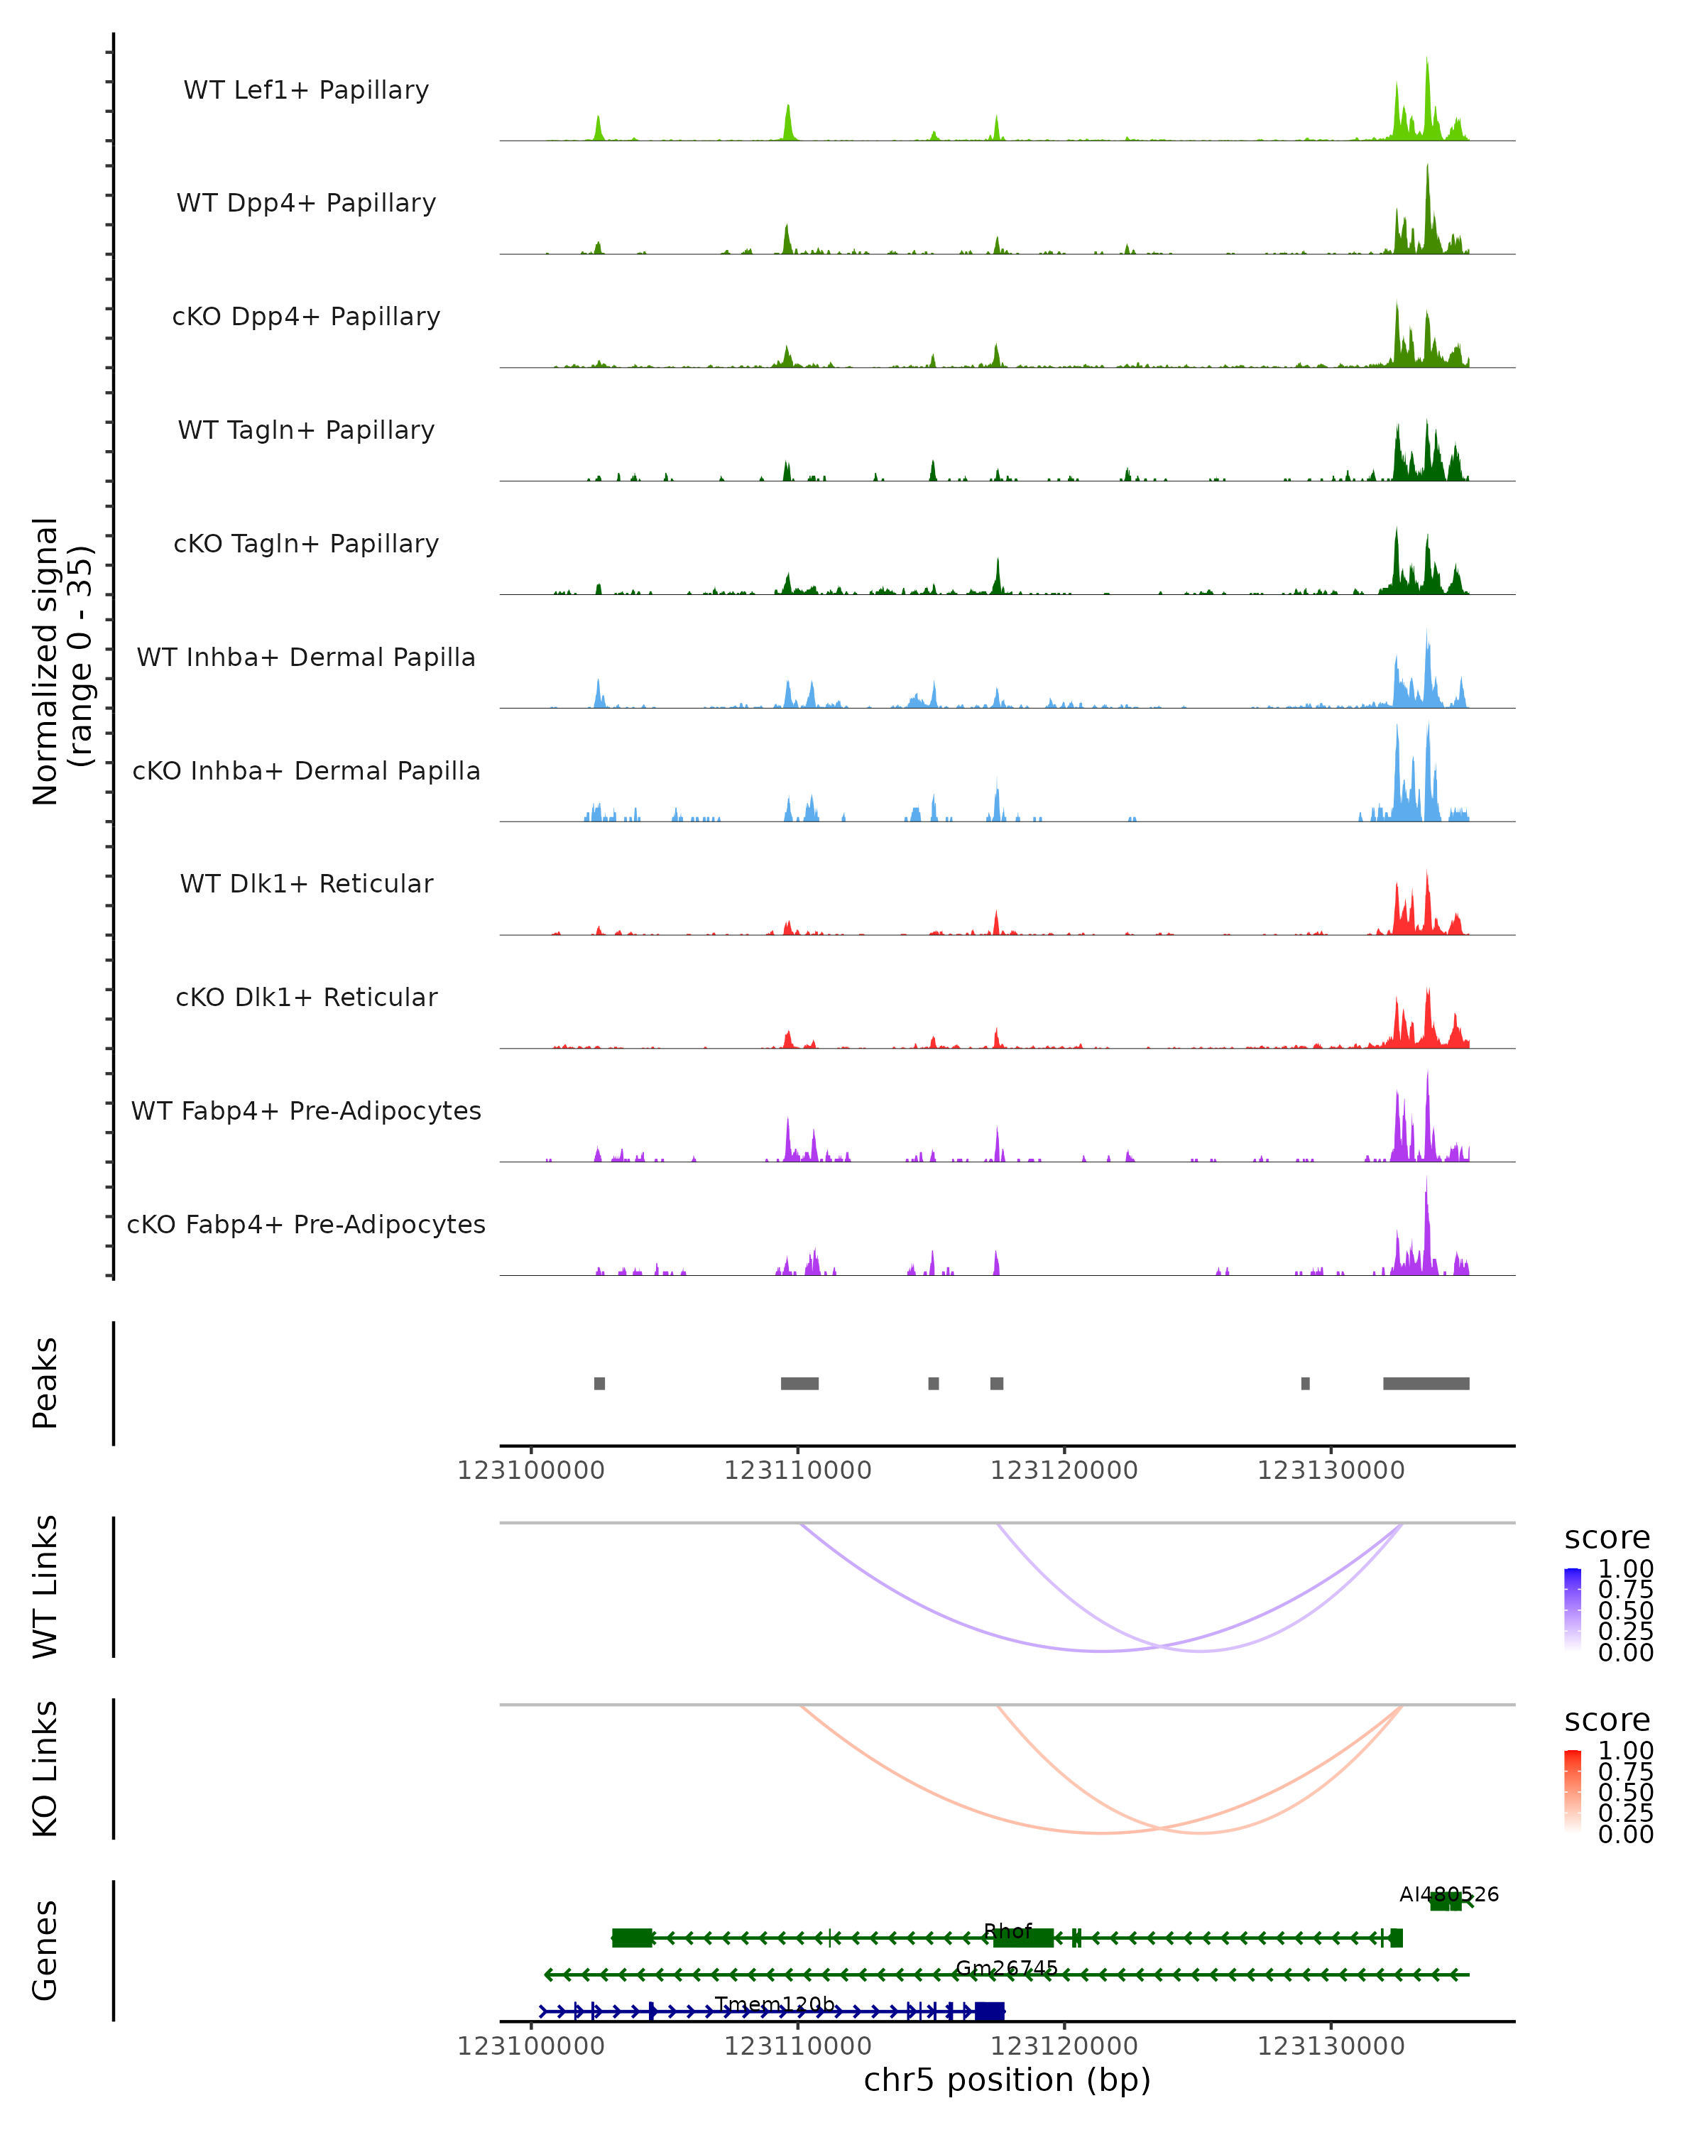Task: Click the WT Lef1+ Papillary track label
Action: point(306,90)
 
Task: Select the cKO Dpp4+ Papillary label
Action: point(306,317)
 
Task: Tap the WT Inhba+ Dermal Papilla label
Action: point(306,658)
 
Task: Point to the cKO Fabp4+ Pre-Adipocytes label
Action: point(306,1225)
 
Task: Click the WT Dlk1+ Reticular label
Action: point(306,884)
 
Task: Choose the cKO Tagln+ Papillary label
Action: point(306,545)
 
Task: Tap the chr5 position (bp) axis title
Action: point(1007,2080)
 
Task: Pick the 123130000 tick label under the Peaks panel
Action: point(1331,1470)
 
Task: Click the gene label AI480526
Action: point(1448,1895)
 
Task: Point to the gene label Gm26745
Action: point(1007,1968)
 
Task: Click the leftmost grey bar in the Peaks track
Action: point(600,1383)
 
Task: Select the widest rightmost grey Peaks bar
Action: point(1426,1383)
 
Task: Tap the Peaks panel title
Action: point(45,1383)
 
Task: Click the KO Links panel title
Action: point(45,1769)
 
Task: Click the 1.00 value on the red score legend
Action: point(1625,1752)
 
